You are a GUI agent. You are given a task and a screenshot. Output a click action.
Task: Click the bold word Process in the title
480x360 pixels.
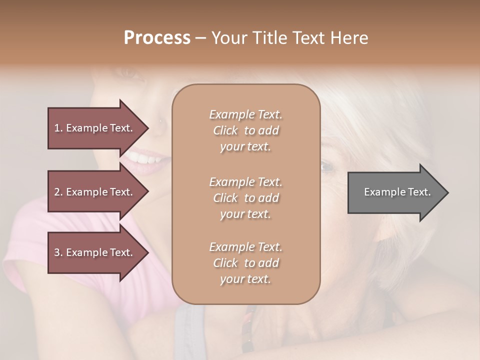tap(157, 38)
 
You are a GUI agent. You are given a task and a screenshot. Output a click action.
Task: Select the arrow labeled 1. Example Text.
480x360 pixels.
tap(95, 128)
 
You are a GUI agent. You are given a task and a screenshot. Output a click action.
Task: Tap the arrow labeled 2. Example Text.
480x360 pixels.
tap(95, 192)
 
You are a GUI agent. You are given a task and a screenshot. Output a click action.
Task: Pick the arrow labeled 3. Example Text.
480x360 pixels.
tap(95, 252)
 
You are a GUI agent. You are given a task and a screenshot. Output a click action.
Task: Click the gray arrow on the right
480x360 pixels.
tap(395, 192)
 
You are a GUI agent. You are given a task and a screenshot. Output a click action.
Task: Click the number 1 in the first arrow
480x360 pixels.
tap(57, 128)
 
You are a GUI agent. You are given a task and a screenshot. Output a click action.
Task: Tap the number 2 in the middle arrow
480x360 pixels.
tap(57, 192)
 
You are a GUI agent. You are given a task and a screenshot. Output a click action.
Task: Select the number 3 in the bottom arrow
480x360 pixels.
tap(57, 252)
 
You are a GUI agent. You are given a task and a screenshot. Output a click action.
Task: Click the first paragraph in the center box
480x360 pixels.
tap(245, 130)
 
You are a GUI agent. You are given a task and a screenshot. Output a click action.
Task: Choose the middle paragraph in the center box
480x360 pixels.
tap(245, 198)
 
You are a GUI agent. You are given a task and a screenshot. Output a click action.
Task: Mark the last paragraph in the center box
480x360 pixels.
tap(245, 263)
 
